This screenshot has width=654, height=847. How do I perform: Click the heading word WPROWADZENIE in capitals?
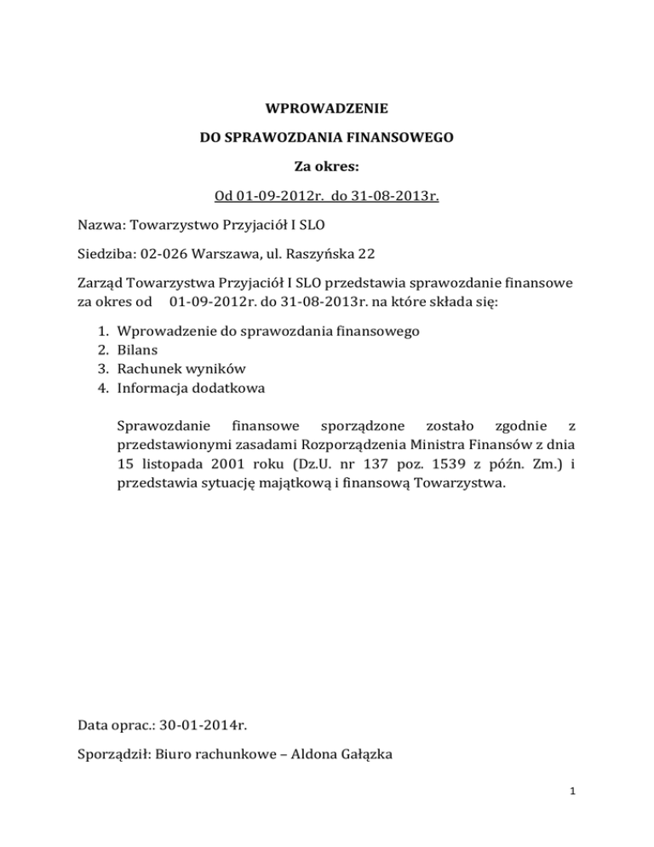[x=327, y=109]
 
